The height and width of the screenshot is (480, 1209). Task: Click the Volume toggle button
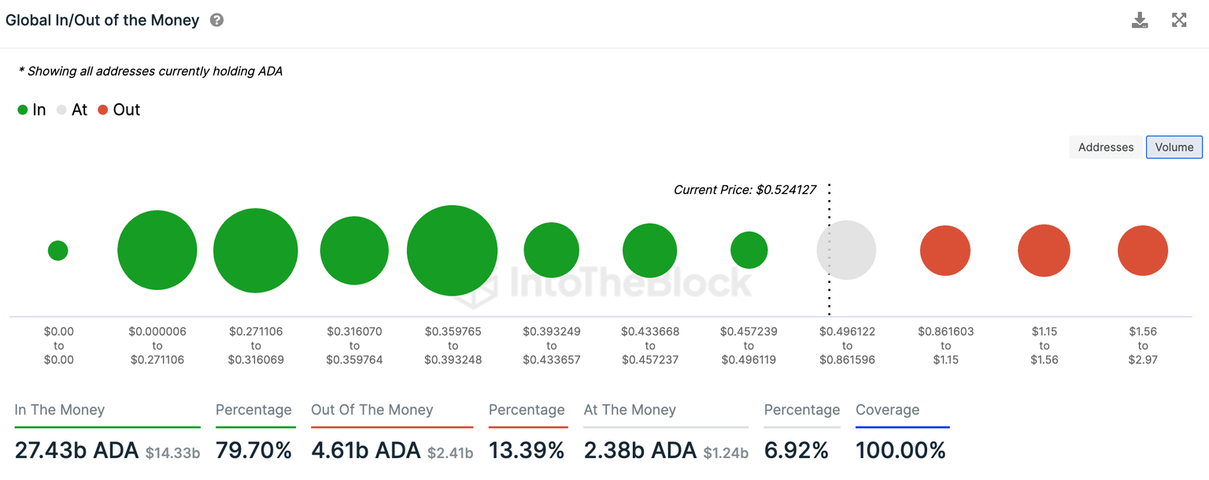[x=1174, y=147]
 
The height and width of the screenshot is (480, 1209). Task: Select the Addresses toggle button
[x=1105, y=147]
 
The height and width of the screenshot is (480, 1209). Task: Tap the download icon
[x=1140, y=20]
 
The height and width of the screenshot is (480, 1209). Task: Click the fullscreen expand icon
[x=1179, y=20]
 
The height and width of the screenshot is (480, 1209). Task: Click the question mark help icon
[x=216, y=20]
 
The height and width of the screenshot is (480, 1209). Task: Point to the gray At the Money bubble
[x=846, y=250]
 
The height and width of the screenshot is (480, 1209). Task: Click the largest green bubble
[x=452, y=251]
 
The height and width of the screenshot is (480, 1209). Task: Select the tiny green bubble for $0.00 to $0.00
[x=58, y=251]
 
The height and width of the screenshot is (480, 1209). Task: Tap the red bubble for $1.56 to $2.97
[x=1142, y=251]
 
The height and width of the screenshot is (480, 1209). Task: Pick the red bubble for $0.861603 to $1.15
[x=945, y=251]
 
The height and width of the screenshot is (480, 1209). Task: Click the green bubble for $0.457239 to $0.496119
[x=749, y=251]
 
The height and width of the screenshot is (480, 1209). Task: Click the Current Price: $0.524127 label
[x=745, y=190]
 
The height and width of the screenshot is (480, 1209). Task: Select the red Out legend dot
[x=102, y=110]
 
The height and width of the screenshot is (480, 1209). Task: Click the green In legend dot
[x=23, y=110]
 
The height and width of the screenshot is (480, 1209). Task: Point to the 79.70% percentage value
[x=253, y=451]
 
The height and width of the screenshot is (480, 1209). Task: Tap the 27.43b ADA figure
[x=76, y=451]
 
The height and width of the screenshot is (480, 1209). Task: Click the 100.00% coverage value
[x=900, y=451]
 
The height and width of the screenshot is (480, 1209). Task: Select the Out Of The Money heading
[x=372, y=410]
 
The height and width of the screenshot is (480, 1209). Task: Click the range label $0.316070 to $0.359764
[x=354, y=345]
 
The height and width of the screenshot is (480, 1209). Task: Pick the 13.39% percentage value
[x=527, y=451]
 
